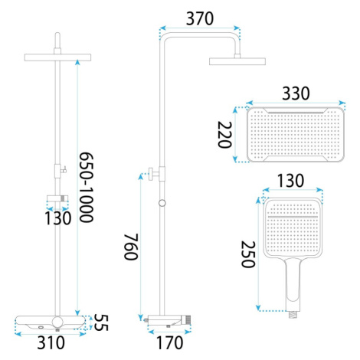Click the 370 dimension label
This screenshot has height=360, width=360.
(200, 19)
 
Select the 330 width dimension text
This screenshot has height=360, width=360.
(296, 93)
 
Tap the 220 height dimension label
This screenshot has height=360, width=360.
(224, 135)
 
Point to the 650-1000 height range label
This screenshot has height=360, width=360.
(87, 187)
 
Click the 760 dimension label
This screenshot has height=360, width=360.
(131, 247)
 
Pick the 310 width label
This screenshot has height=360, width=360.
(51, 343)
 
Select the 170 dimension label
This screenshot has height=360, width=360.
(169, 343)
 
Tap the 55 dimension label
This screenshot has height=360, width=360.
(101, 322)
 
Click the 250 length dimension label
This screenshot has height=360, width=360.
(248, 254)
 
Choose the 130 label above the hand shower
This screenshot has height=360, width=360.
(290, 181)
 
